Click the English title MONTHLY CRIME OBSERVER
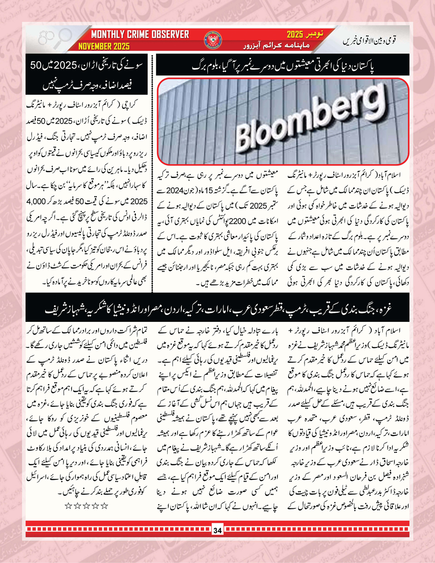140,35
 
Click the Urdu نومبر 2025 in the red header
300,35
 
